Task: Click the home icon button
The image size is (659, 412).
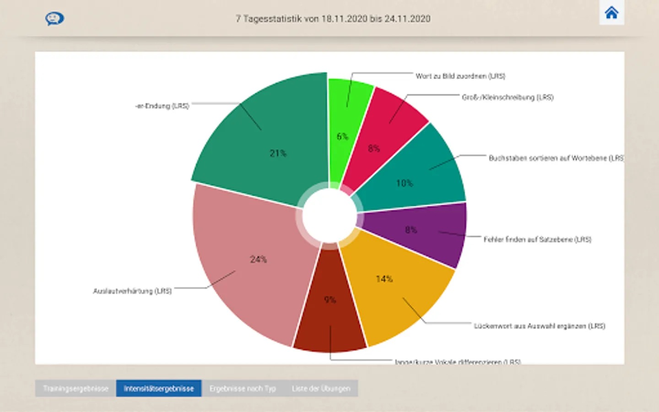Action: point(611,12)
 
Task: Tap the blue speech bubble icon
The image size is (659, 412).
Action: point(54,19)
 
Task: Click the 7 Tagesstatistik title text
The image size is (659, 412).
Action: point(333,19)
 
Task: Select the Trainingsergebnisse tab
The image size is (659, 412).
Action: point(76,389)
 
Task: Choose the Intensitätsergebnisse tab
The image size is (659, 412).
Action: point(159,389)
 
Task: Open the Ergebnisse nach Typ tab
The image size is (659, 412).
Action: point(243,389)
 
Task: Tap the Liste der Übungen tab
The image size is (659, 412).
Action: point(321,389)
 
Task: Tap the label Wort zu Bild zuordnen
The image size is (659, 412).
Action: point(460,76)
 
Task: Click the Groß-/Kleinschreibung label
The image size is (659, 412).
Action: point(508,98)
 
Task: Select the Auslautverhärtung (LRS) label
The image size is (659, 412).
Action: point(132,291)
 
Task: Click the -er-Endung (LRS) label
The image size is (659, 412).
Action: point(162,106)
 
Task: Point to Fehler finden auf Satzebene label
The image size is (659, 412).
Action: point(537,239)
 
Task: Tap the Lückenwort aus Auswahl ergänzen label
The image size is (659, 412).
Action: point(539,326)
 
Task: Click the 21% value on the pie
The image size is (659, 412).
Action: point(278,153)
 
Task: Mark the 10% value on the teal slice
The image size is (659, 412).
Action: point(405,184)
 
